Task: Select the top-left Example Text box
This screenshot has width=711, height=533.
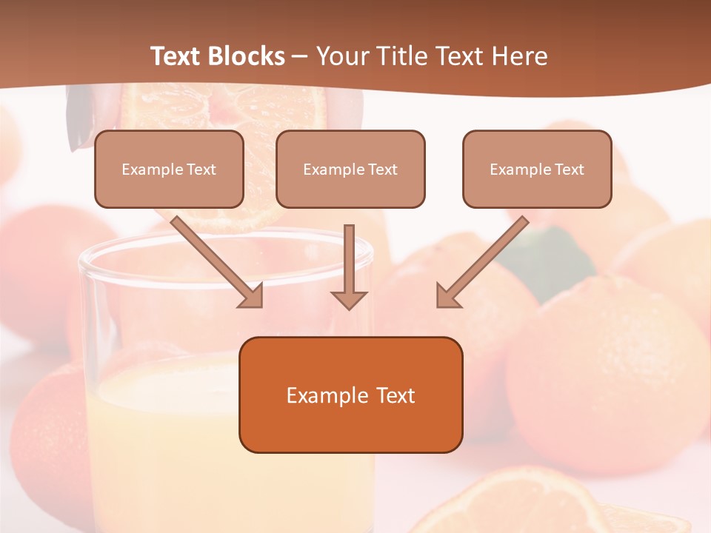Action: pyautogui.click(x=169, y=169)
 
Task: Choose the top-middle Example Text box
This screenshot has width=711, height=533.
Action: pyautogui.click(x=350, y=169)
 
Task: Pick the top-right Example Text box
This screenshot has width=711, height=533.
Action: pyautogui.click(x=537, y=169)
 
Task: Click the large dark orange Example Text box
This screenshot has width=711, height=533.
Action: pyautogui.click(x=350, y=395)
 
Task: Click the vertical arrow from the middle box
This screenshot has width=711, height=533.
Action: pyautogui.click(x=349, y=259)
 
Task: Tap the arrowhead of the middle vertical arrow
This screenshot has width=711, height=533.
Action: pyautogui.click(x=349, y=300)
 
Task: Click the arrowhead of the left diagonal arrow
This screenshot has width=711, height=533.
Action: pyautogui.click(x=253, y=297)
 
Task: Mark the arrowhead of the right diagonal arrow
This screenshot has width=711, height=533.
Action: pyautogui.click(x=447, y=296)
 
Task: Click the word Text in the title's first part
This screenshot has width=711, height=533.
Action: pyautogui.click(x=178, y=56)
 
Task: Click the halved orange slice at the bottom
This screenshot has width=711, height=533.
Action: pyautogui.click(x=511, y=503)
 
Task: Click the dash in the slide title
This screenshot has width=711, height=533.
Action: pyautogui.click(x=300, y=56)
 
